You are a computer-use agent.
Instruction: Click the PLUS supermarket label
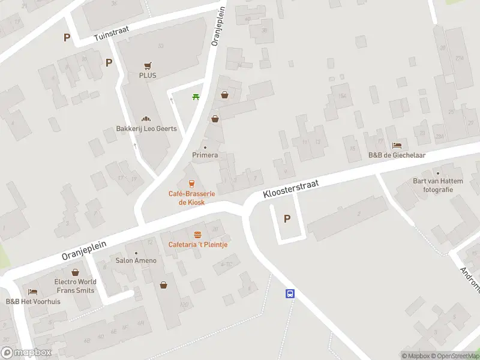[148, 76]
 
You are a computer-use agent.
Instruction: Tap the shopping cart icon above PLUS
[148, 66]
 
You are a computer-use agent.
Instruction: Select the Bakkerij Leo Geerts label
[142, 128]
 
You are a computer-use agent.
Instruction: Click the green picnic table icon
[196, 97]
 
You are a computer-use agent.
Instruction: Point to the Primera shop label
[205, 155]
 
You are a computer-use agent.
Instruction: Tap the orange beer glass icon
[191, 184]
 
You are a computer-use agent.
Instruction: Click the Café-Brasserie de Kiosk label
[191, 198]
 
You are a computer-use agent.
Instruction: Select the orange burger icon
[197, 235]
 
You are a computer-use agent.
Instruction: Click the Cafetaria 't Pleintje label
[197, 244]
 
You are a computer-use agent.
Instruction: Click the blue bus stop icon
[290, 293]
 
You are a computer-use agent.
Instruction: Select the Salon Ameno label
[136, 260]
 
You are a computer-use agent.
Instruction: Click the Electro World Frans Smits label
[75, 286]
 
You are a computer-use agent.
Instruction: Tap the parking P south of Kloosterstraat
[287, 219]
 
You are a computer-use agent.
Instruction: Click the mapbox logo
[26, 353]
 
